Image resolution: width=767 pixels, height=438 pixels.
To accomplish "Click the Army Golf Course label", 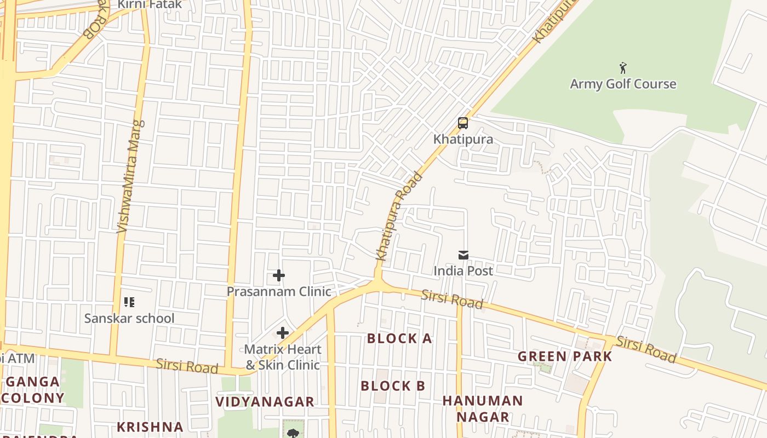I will (623, 84).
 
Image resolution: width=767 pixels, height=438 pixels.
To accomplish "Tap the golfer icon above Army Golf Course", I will (623, 68).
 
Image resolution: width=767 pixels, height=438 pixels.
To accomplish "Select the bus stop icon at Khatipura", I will (463, 123).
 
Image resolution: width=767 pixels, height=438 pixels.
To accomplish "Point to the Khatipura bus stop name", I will (463, 139).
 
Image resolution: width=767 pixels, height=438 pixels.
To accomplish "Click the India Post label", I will (463, 270).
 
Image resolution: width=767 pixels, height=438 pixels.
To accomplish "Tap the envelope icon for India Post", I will (463, 255).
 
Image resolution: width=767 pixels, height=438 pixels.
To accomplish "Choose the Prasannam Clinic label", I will (279, 291).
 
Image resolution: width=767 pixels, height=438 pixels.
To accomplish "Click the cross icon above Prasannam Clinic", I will (279, 275).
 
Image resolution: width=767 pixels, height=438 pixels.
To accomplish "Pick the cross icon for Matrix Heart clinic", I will (283, 333).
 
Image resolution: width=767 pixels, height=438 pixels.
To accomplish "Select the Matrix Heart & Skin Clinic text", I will (282, 357).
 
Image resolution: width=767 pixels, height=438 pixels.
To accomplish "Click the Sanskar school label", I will (129, 318).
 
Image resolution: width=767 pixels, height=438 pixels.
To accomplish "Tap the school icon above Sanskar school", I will (129, 302).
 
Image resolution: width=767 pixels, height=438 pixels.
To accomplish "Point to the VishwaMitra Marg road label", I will (130, 176).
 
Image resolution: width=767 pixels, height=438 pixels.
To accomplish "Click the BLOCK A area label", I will (399, 338).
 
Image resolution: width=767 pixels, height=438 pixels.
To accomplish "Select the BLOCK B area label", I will (393, 386).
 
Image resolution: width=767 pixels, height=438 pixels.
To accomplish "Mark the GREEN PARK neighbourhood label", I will (565, 356).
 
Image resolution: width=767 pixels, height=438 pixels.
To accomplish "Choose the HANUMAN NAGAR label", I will (483, 408).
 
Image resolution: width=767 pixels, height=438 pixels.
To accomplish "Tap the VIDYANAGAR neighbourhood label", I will (265, 401).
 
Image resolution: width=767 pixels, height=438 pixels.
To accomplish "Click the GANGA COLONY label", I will (33, 390).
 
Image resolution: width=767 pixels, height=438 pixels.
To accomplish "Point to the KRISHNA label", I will (150, 427).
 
